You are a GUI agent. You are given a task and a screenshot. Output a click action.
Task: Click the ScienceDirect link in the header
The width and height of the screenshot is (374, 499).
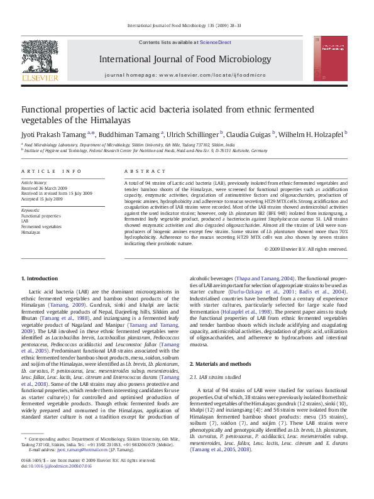(216, 43)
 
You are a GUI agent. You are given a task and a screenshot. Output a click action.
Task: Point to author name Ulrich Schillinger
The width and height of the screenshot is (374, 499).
(193, 134)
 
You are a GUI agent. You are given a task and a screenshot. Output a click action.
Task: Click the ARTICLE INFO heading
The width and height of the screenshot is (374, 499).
(52, 171)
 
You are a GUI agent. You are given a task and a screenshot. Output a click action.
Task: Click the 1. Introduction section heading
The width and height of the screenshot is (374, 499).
(40, 278)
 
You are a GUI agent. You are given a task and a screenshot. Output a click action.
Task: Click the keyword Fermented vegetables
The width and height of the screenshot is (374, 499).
(41, 226)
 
